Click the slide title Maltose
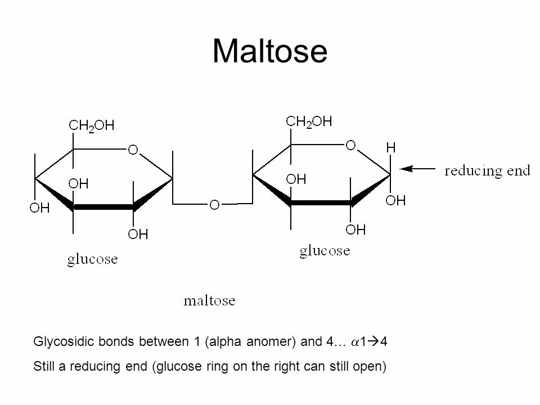coord(269,51)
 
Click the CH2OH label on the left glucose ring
coord(91,126)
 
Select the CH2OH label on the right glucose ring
coord(309,121)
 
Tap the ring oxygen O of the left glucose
coord(133,150)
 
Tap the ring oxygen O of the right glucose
coord(350,146)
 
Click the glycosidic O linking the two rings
coord(214,205)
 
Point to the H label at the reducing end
coord(390,148)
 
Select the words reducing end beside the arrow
coord(487,170)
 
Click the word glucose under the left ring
coord(93,259)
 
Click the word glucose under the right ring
coord(325,250)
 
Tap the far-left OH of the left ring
coord(39,208)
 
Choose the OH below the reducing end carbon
coord(396,200)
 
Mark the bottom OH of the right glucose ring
coord(355,229)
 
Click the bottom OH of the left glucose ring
coord(138,234)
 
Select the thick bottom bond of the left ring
coord(103,208)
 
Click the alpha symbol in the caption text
coord(355,342)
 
